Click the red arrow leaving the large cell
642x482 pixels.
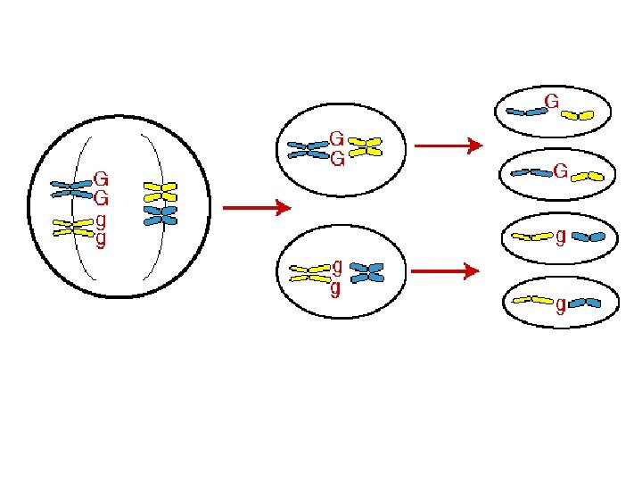[257, 209]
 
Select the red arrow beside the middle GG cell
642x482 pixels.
[449, 145]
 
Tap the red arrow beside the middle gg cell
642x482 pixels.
[449, 270]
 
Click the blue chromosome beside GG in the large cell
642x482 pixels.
[71, 188]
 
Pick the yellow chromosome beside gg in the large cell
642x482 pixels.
[73, 227]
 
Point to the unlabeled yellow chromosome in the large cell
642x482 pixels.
[160, 191]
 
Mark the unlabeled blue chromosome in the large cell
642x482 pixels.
[160, 215]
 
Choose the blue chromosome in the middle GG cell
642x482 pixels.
[307, 149]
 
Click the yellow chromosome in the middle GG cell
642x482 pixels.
[364, 146]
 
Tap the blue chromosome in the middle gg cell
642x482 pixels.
[366, 272]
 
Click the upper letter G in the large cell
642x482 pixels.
[102, 179]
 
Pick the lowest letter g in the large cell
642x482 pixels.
[101, 239]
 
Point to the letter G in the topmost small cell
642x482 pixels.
[552, 102]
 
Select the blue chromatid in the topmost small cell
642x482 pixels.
[526, 112]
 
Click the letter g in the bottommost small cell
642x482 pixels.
[561, 305]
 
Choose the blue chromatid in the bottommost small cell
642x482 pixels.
[585, 303]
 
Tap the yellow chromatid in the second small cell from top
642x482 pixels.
[588, 176]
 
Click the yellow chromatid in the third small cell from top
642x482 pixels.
[532, 237]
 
